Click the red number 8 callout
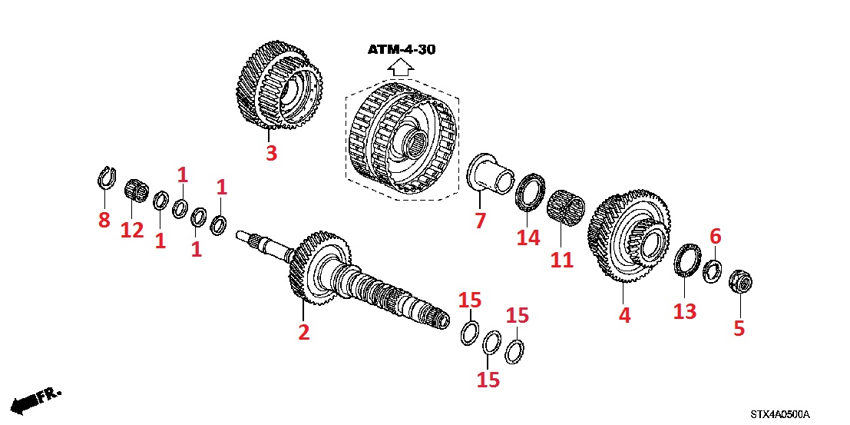[104, 221]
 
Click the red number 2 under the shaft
[303, 332]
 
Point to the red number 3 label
[270, 153]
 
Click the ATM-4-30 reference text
[401, 50]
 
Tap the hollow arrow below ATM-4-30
[400, 68]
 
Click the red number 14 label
[528, 238]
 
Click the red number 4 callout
[624, 315]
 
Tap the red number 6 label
[715, 237]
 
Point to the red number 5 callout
[739, 328]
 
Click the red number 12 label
[131, 230]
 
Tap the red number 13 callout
[684, 311]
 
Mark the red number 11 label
[561, 260]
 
